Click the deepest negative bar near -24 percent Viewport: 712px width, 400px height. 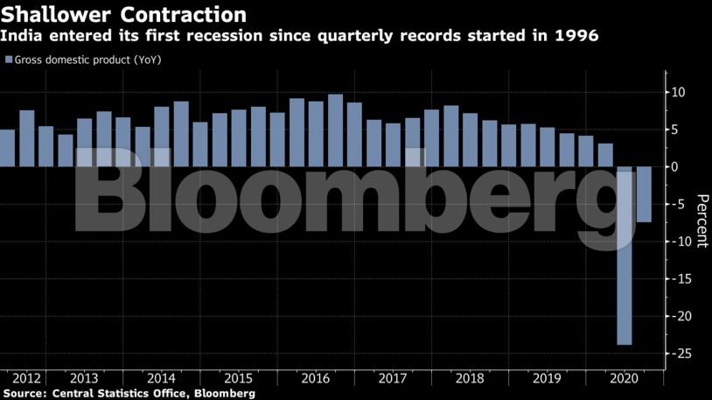[x=625, y=255]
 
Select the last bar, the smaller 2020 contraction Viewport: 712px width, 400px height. [x=644, y=194]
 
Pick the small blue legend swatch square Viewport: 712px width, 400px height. [x=9, y=60]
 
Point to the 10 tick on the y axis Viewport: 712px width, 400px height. [x=677, y=93]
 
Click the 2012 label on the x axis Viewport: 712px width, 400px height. [x=26, y=378]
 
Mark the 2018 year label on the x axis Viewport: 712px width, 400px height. [x=470, y=378]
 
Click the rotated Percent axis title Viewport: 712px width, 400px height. [x=701, y=221]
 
